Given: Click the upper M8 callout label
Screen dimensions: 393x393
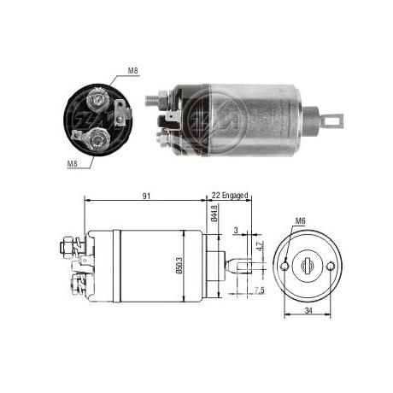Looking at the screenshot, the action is pyautogui.click(x=133, y=71).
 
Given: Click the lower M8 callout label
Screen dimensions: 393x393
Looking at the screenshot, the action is pyautogui.click(x=73, y=163).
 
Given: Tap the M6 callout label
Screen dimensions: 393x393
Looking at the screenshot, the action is pyautogui.click(x=300, y=220).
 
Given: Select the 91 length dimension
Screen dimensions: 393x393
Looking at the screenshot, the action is pyautogui.click(x=146, y=196).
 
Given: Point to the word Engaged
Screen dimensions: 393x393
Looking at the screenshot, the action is pyautogui.click(x=235, y=196).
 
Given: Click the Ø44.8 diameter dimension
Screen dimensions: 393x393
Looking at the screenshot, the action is pyautogui.click(x=214, y=213).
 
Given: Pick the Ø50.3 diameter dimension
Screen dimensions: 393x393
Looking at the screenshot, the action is pyautogui.click(x=179, y=266).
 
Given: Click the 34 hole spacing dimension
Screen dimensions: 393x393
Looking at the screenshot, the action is pyautogui.click(x=308, y=311).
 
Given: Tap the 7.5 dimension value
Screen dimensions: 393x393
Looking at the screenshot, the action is pyautogui.click(x=260, y=290).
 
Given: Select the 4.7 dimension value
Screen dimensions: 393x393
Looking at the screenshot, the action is pyautogui.click(x=260, y=246).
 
